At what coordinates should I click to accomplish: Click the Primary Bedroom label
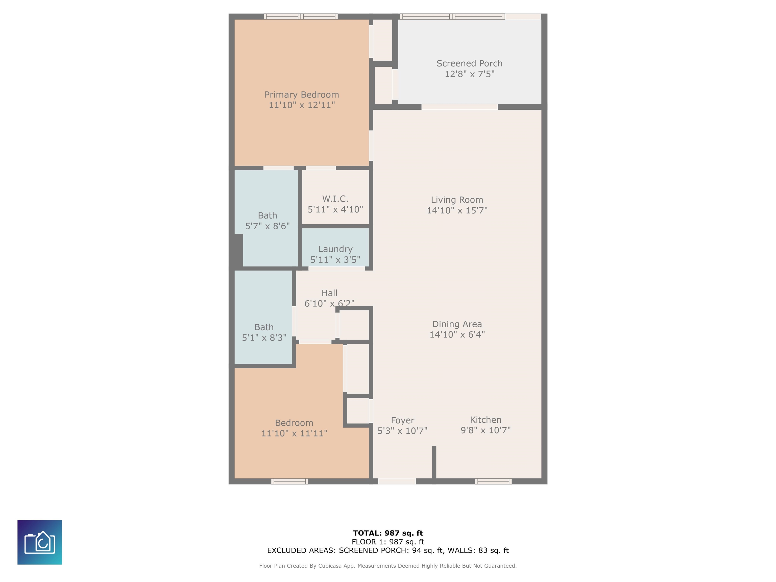click(302, 95)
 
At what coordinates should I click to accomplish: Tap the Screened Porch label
click(469, 63)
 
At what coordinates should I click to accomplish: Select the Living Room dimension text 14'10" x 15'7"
click(457, 210)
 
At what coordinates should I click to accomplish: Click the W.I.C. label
click(335, 199)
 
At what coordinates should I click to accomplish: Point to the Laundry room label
click(335, 249)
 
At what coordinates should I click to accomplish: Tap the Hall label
click(329, 293)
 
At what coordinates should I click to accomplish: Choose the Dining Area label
click(457, 324)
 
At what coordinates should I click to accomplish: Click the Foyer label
click(403, 421)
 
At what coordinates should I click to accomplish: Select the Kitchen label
click(486, 420)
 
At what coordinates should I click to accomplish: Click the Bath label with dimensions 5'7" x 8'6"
click(267, 215)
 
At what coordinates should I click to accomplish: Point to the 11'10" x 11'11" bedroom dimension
click(294, 433)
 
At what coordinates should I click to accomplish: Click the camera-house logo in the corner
click(40, 542)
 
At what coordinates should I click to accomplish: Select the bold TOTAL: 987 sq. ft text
click(388, 533)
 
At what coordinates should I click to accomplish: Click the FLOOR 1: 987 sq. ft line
click(388, 542)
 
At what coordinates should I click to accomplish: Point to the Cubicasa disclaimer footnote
click(388, 566)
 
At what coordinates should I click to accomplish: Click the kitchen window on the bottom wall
click(493, 481)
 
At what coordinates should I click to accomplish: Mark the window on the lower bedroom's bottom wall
click(290, 481)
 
